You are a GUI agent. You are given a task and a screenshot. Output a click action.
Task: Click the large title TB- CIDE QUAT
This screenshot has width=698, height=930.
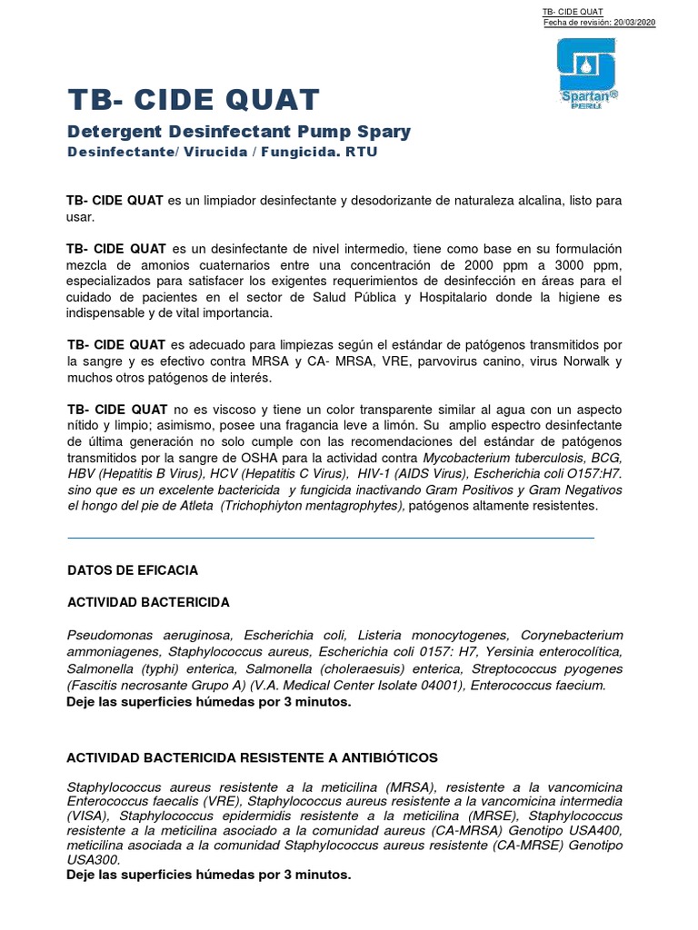click(x=194, y=101)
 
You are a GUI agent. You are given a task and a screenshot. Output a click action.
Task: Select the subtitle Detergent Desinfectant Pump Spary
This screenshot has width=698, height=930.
click(x=239, y=132)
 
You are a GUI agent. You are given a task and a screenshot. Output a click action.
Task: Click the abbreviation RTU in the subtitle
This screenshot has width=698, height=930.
click(x=361, y=152)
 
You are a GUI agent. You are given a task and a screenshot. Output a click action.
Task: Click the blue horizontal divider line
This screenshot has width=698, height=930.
click(x=331, y=538)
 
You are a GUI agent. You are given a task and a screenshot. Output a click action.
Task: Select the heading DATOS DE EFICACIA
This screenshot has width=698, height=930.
click(x=133, y=570)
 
